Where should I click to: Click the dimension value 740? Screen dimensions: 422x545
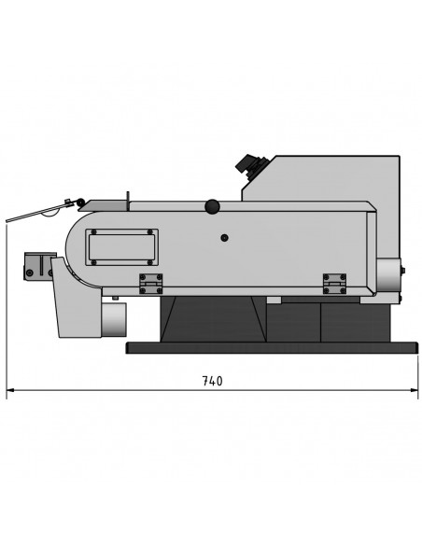[x=212, y=381]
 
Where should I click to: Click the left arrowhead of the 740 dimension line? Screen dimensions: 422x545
[x=10, y=390]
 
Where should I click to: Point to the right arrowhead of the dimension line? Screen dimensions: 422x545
[x=414, y=390]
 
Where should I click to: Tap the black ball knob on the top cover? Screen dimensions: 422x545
[x=212, y=206]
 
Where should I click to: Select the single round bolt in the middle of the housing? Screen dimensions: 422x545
[x=225, y=238]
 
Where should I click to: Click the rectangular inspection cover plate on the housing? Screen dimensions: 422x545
[x=121, y=247]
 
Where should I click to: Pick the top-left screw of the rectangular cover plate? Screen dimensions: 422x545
[x=93, y=232]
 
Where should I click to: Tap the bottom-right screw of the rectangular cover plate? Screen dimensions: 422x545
[x=150, y=262]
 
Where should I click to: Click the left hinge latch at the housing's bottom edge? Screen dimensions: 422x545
[x=151, y=284]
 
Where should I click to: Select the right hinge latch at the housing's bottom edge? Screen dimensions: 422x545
[x=334, y=284]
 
